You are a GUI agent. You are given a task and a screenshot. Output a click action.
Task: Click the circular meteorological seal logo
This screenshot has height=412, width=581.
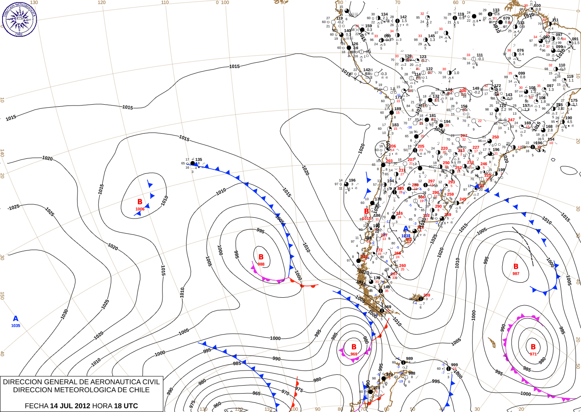coord(19,19)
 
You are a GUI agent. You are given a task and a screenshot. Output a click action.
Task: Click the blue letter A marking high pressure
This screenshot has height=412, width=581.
coord(16,319)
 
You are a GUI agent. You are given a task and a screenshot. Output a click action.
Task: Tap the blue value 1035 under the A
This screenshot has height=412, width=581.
coord(15,326)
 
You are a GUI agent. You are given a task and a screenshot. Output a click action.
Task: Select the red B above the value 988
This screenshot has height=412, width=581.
coord(261,257)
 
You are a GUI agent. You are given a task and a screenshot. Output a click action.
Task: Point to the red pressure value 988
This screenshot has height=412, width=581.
coord(261,264)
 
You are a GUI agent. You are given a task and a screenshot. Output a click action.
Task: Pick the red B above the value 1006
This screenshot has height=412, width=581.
coord(140,202)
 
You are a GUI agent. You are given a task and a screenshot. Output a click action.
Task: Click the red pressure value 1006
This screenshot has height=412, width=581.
coord(140,209)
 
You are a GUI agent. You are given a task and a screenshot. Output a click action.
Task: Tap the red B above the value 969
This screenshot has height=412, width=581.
coord(354,347)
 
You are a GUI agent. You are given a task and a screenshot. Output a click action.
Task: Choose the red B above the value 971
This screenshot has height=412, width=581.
coord(533,347)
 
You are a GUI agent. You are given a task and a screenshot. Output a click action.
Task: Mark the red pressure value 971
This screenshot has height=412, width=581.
coord(533,354)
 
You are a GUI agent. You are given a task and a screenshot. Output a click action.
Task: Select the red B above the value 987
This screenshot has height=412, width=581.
coord(516,266)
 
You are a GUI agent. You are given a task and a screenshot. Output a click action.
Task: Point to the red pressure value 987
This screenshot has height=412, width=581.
coord(516,274)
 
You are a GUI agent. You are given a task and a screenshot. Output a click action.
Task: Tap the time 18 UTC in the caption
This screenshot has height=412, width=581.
coord(126,406)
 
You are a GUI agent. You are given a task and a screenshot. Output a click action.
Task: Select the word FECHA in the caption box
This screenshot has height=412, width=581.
coord(36,406)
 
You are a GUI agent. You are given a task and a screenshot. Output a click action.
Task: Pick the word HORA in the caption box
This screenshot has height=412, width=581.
coord(102,406)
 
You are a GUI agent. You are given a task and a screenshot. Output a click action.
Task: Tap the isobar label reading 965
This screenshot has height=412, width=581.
coord(256,394)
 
